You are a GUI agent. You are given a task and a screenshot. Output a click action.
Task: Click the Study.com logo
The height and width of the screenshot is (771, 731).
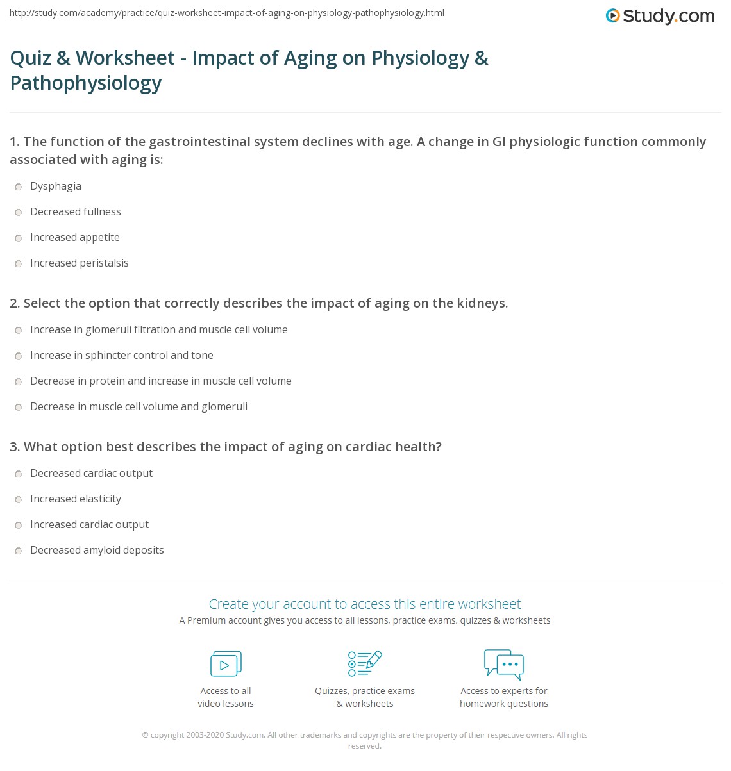(x=660, y=16)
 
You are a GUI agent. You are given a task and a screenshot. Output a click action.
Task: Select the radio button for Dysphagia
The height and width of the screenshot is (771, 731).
(x=19, y=187)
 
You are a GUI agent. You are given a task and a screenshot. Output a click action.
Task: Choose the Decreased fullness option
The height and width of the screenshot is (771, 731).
(x=19, y=212)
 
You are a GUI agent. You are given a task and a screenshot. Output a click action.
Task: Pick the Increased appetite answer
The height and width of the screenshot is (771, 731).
(x=19, y=238)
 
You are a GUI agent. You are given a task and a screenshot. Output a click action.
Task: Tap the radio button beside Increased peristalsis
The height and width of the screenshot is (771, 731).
(x=19, y=263)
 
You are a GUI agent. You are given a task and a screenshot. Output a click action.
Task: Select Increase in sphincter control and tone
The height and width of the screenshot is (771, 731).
(x=19, y=356)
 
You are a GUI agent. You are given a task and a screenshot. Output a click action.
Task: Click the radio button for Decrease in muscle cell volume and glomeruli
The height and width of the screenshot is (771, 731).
(x=19, y=407)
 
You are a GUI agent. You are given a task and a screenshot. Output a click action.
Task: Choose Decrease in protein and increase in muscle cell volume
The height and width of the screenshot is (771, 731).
(x=19, y=381)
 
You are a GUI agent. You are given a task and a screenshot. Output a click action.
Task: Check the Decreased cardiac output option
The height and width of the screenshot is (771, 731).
(x=19, y=474)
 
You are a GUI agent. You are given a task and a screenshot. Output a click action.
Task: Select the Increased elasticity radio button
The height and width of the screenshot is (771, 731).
(x=19, y=499)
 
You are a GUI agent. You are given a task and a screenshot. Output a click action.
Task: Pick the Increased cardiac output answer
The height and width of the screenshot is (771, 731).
(x=19, y=525)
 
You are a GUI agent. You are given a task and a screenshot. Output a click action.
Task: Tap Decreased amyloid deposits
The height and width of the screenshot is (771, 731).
(x=19, y=551)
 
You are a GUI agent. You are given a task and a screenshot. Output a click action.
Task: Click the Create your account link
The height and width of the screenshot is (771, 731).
(x=364, y=604)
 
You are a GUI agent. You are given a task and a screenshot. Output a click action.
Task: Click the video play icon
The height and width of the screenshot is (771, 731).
(x=226, y=664)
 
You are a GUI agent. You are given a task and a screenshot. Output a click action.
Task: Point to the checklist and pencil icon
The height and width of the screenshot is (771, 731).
(x=365, y=664)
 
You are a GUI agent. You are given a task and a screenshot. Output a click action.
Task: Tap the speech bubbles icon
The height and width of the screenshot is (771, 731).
(x=504, y=664)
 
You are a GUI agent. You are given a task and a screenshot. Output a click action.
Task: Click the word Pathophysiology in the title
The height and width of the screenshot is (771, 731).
(x=86, y=83)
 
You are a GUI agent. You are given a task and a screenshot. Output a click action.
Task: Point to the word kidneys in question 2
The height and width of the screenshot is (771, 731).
(x=484, y=303)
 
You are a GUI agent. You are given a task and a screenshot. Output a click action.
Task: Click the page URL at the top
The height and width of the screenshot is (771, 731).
(x=227, y=13)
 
